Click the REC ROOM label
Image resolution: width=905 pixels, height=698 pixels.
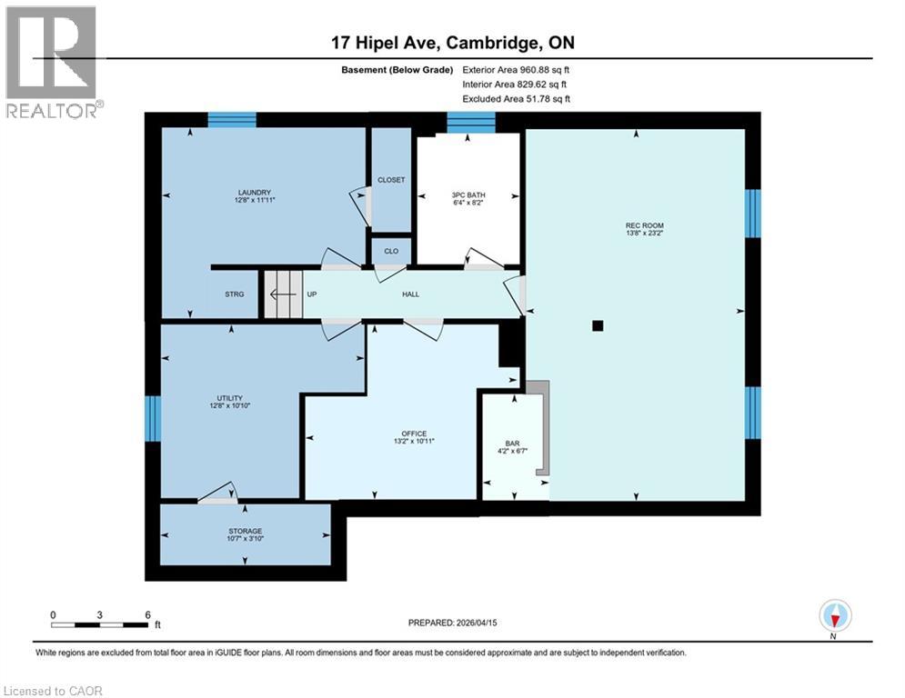click(x=637, y=224)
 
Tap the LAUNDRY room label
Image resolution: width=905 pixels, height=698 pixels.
click(x=255, y=192)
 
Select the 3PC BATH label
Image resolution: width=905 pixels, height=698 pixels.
click(x=468, y=194)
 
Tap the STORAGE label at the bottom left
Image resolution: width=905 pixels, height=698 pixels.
click(x=245, y=531)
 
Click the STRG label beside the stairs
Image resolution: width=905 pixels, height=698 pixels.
click(x=235, y=294)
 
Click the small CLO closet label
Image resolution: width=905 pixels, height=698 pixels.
click(x=391, y=251)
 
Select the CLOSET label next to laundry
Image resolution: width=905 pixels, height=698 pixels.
click(x=391, y=180)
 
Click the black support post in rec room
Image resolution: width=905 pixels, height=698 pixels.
click(x=597, y=325)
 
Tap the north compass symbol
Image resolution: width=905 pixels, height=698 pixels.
click(x=834, y=616)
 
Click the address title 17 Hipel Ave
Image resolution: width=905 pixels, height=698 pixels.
click(x=387, y=43)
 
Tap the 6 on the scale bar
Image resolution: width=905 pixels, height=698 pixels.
click(x=147, y=613)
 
